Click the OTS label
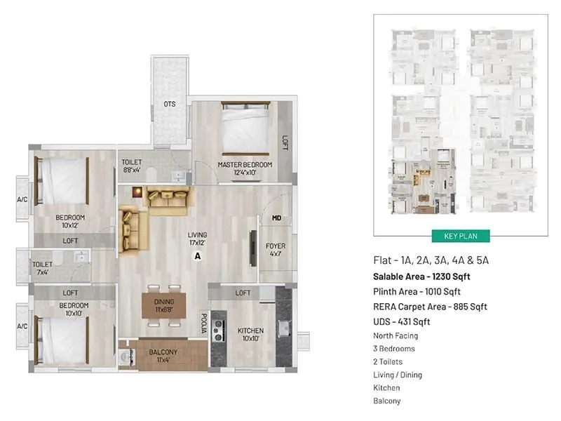coord(170,105)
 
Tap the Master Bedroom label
coord(245,169)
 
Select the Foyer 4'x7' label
coord(275,250)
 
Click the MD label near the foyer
coord(276,219)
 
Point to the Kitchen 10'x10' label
coord(250,334)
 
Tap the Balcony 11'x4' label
coord(163,356)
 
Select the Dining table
coord(163,306)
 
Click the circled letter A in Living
coord(198,257)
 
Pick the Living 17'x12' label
coord(196,239)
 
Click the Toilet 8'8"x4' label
coord(132,166)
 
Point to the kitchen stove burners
coord(219,330)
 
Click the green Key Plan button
coord(461,236)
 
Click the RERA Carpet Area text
coord(430,307)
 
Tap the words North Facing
coord(396,335)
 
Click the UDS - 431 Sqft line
coord(400,322)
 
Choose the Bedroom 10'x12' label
coord(70,222)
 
